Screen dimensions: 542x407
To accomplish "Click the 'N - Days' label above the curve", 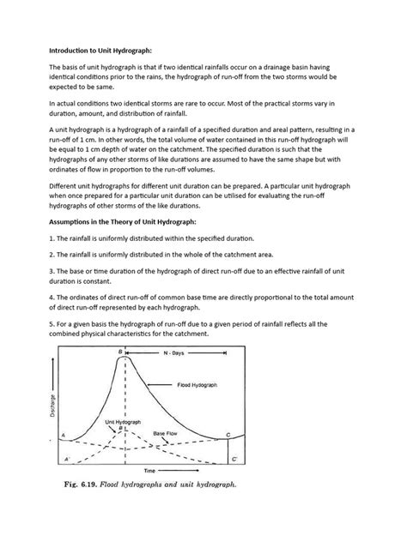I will click(198, 352).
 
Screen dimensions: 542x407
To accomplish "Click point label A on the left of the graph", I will click(64, 437).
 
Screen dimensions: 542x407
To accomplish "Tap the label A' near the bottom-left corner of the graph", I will click(66, 461).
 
